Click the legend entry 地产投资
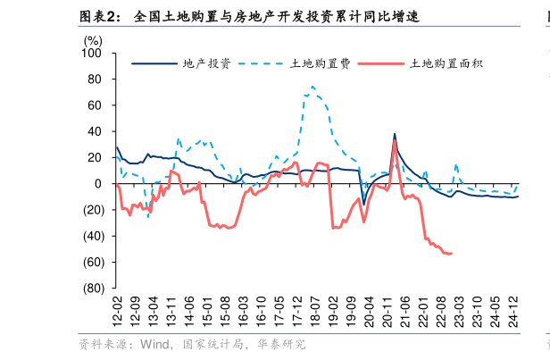coord(206,63)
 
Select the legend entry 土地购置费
coord(321,63)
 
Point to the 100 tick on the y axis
coord(93,53)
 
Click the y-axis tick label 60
coord(96,105)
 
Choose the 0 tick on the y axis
coord(99,184)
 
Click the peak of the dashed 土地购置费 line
coord(312,87)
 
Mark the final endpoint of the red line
coord(451,254)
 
